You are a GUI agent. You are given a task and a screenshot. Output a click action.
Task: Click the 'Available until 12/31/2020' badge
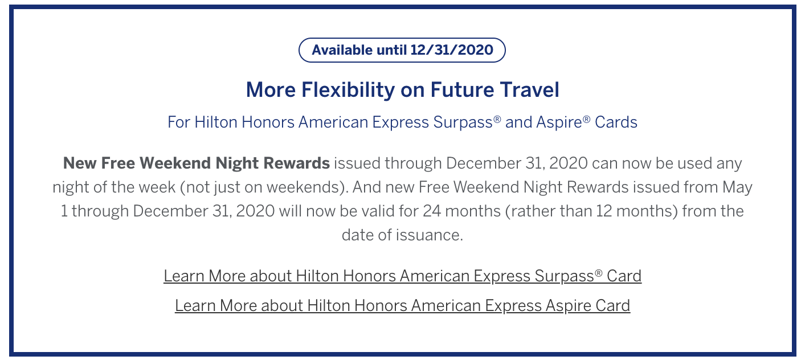pos(402,50)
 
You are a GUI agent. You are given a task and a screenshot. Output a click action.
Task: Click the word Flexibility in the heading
pos(348,90)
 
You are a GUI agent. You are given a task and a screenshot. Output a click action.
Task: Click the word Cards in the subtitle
pos(616,122)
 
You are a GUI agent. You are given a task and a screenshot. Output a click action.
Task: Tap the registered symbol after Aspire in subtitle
pos(586,118)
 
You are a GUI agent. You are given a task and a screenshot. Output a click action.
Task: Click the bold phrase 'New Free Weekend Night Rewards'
pos(197,163)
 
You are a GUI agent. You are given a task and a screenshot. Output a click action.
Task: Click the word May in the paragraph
pos(737,187)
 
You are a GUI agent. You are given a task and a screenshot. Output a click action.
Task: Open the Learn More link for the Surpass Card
pos(403,276)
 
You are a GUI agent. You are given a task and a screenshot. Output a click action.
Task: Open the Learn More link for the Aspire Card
pos(403,306)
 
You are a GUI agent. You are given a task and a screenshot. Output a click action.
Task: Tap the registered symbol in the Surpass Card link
pos(599,273)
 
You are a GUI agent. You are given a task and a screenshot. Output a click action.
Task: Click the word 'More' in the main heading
pos(271,89)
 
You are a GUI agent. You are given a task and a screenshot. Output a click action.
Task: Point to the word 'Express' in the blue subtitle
pos(400,122)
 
